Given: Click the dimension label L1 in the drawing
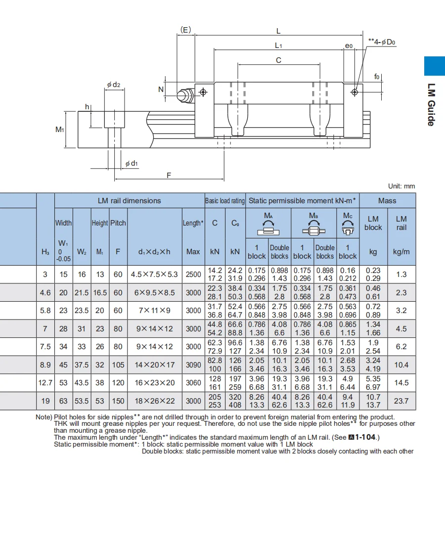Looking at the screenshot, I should tap(278, 46).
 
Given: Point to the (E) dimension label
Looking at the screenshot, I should tap(186, 30).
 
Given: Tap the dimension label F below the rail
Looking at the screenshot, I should tap(169, 175).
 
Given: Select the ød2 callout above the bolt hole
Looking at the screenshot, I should tap(114, 85).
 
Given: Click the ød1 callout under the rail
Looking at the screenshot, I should tap(132, 163).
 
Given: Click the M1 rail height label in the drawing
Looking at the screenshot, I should tap(60, 129).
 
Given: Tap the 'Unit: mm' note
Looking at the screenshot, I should tap(401, 186).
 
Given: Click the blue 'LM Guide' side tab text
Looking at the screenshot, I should tap(431, 104).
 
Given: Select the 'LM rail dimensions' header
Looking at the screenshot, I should tap(129, 200).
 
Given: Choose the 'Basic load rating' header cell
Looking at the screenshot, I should tap(225, 201).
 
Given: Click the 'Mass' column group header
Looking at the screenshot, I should tap(387, 200).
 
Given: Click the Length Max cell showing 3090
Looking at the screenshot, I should tap(193, 365).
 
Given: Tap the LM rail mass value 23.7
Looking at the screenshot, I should tap(401, 401).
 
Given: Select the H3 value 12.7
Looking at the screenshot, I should tap(45, 382).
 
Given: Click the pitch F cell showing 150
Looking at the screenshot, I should tap(118, 401).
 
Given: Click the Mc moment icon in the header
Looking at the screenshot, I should tap(348, 227).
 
